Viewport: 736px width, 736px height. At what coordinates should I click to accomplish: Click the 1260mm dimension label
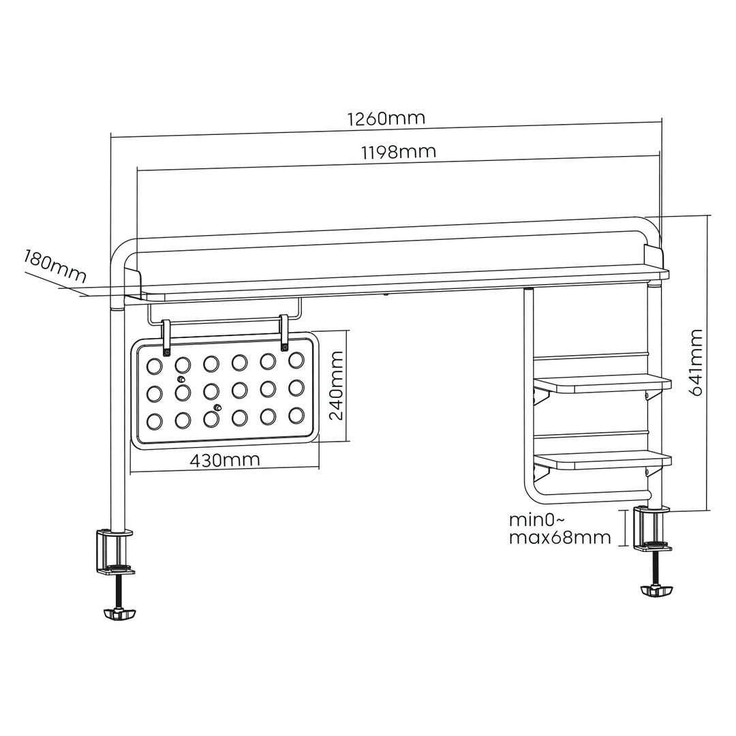(x=386, y=118)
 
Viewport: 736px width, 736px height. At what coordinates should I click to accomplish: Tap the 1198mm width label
(x=398, y=151)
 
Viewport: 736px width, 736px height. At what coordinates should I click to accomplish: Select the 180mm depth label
(x=55, y=266)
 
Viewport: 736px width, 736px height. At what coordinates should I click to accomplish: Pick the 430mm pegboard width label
(x=224, y=460)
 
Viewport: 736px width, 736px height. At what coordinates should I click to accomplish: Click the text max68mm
(x=559, y=538)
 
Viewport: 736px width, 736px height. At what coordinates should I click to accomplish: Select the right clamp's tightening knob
(x=656, y=589)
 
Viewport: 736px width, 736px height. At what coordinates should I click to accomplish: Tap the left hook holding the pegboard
(x=166, y=339)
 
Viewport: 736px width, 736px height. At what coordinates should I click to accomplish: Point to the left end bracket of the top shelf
(x=132, y=283)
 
